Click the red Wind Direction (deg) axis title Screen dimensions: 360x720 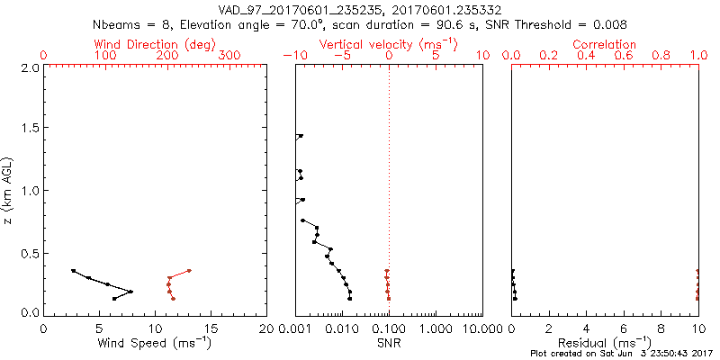click(149, 44)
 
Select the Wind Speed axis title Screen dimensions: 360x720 click(155, 343)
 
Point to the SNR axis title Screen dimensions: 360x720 click(388, 343)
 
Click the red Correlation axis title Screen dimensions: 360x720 click(604, 44)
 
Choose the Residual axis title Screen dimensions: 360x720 click(605, 343)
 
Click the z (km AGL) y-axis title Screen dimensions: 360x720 click(10, 189)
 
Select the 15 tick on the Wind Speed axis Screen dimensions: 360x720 click(211, 328)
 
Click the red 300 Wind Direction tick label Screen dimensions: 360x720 click(230, 56)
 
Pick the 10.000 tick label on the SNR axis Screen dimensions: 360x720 click(481, 328)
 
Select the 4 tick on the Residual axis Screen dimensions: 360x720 click(586, 328)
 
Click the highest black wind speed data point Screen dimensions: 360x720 click(73, 271)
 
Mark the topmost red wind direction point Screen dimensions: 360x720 click(189, 271)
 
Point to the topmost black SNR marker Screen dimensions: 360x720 click(301, 136)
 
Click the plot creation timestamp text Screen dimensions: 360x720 click(620, 353)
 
